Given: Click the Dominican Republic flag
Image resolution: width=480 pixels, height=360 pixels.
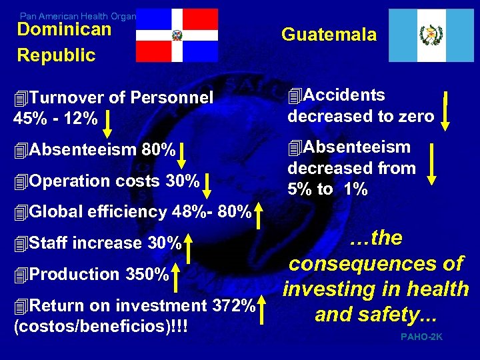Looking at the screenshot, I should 177,35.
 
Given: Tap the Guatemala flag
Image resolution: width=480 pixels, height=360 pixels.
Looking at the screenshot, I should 431,35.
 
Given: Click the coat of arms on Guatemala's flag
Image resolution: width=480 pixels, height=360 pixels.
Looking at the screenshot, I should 431,35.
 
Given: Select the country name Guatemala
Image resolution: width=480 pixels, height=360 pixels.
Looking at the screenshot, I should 329,35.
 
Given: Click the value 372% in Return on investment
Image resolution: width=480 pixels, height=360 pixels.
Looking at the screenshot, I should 233,306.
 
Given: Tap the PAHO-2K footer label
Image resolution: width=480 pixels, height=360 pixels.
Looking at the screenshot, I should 421,337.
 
